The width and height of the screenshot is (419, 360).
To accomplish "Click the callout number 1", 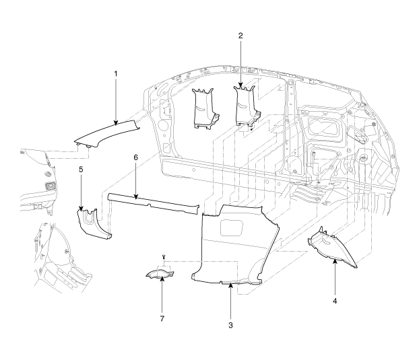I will tap(115, 73).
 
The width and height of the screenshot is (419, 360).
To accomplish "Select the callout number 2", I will tap(240, 34).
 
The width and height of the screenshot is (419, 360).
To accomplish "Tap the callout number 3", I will tap(230, 325).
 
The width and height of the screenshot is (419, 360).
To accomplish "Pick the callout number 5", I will tap(81, 170).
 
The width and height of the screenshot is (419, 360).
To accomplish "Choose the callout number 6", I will tap(135, 157).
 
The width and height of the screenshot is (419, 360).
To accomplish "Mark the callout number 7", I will tap(162, 316).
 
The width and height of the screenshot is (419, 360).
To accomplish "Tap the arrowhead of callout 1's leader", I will tap(115, 124).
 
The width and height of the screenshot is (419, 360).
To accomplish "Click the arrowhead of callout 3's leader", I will tap(230, 285).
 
